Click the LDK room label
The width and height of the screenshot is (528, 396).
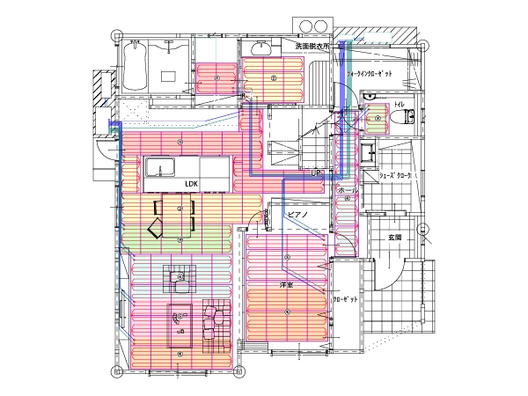(192, 183)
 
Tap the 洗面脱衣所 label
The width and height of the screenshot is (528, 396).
(312, 45)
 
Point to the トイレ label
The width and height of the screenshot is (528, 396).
(400, 106)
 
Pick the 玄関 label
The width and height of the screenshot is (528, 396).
(394, 238)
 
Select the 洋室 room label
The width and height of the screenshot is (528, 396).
(285, 285)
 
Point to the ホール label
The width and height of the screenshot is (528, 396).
(348, 190)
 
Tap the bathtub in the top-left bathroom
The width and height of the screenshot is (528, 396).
(136, 63)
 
